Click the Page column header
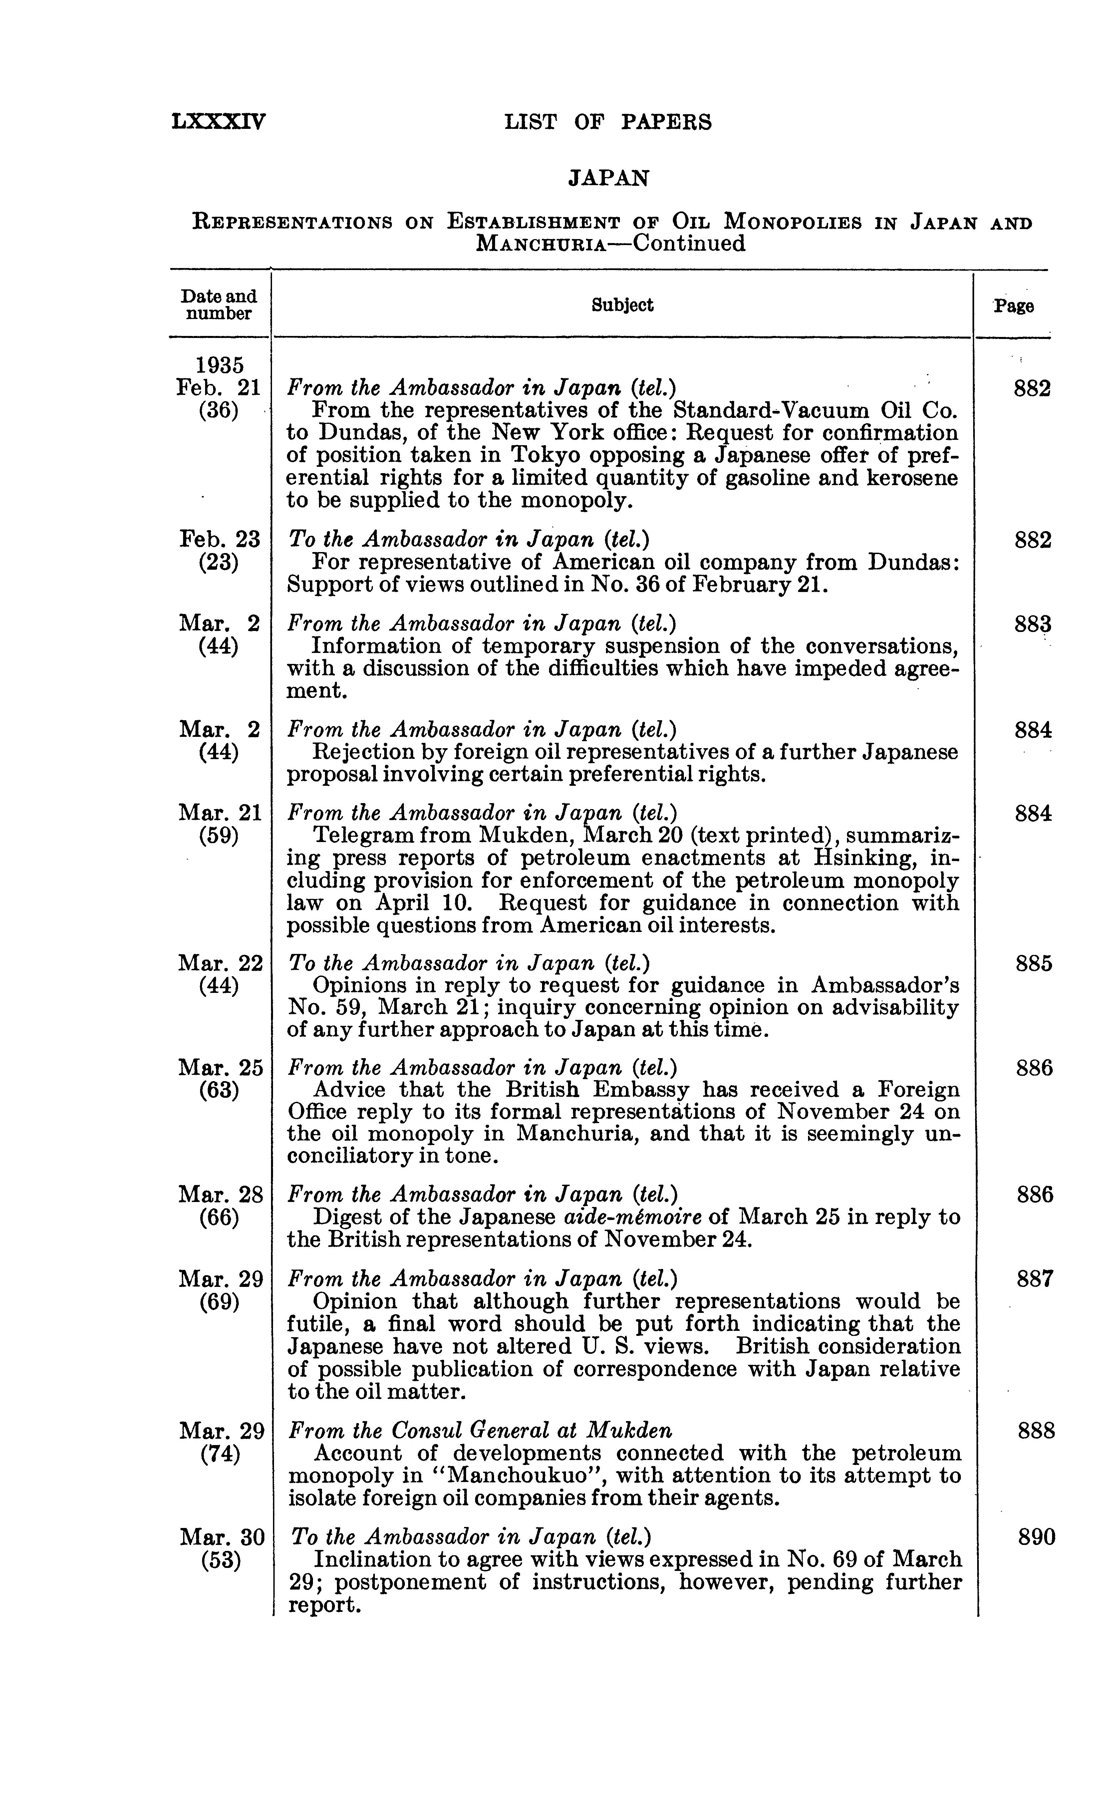[1013, 306]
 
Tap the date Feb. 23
[219, 540]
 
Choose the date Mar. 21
[219, 813]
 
